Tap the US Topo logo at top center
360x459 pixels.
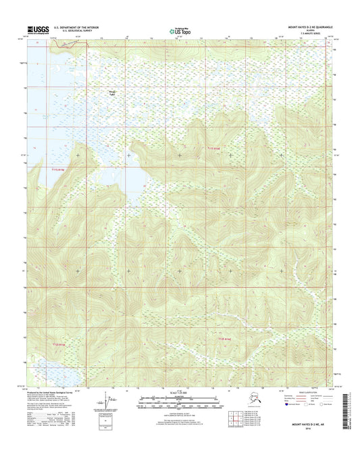(180, 30)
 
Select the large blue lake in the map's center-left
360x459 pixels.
(128, 179)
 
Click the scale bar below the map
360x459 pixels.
(179, 401)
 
